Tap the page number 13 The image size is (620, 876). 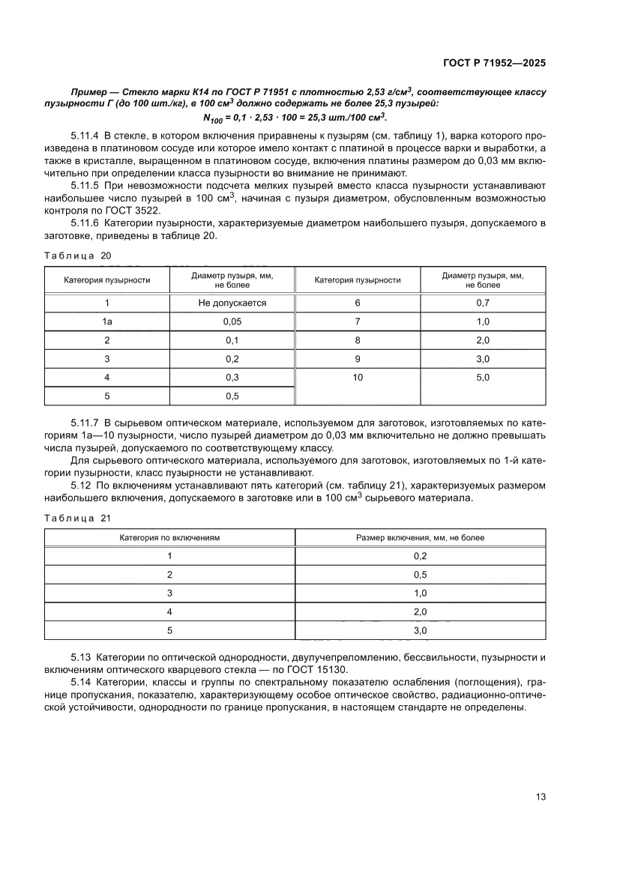(x=541, y=797)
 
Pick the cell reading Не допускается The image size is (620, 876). (x=232, y=303)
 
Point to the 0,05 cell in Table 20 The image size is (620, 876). (x=232, y=321)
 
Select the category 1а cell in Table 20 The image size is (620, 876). (x=107, y=321)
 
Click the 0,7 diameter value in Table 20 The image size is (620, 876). (x=483, y=303)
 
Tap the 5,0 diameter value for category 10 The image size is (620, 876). (x=483, y=378)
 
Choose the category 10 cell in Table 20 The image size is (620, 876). (x=358, y=378)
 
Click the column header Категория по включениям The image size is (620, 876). (x=170, y=538)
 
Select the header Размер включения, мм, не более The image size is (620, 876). (x=420, y=538)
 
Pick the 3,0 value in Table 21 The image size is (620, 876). (x=420, y=631)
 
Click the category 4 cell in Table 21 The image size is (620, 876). (x=170, y=612)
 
